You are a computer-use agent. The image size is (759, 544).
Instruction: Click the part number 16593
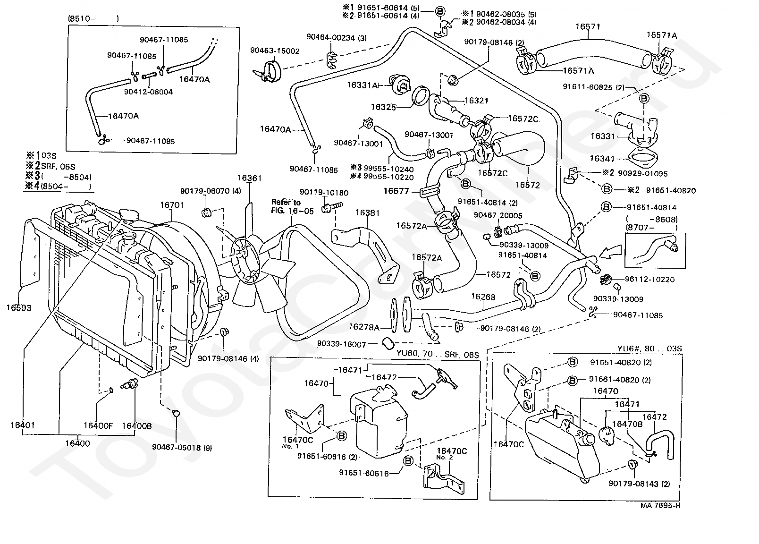tap(18, 308)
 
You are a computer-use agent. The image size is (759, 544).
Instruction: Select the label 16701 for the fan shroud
tap(172, 205)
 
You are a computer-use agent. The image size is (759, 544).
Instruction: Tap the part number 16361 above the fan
tap(249, 178)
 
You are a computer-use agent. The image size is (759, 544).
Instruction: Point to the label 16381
tap(367, 213)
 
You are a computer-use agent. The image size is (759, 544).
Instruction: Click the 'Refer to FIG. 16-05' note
tap(292, 206)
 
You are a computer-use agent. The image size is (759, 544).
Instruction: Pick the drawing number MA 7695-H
tap(660, 505)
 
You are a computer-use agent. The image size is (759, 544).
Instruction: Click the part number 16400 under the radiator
tap(77, 443)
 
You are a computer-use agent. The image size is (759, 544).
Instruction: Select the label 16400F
tap(98, 426)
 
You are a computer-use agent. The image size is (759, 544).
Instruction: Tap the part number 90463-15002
tap(275, 51)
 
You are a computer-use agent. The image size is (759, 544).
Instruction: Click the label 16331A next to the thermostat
tap(362, 85)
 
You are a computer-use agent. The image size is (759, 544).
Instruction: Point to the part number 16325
tap(383, 107)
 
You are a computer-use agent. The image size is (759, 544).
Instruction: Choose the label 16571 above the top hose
tap(588, 26)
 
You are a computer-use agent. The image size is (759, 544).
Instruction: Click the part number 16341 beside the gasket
tap(602, 158)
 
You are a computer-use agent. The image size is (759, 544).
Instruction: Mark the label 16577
tap(396, 191)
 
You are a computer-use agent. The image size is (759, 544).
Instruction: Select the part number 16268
tap(483, 297)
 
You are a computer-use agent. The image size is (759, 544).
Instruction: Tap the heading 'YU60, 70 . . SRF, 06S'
tap(438, 354)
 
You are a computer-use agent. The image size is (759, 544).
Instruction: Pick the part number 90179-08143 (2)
tap(639, 484)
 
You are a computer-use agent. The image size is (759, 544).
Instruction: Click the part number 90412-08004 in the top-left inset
tap(148, 92)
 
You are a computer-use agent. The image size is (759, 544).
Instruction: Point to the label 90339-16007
tap(342, 344)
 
